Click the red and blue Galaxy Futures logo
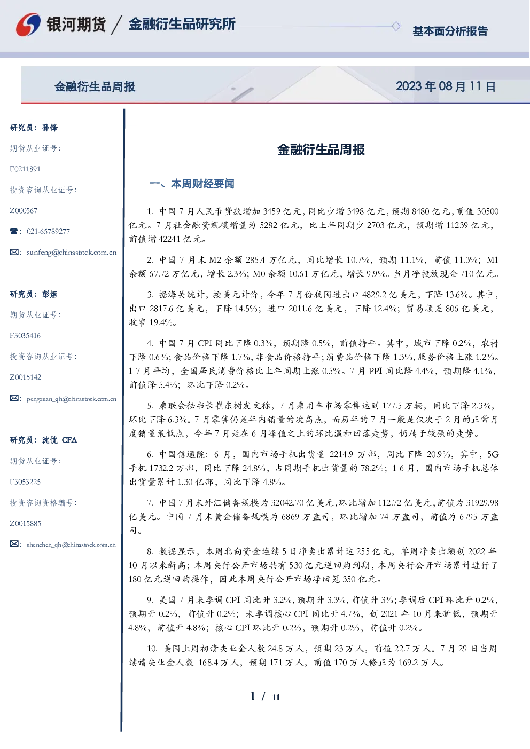(28, 24)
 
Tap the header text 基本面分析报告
(450, 31)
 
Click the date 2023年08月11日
(446, 86)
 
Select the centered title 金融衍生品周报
(321, 149)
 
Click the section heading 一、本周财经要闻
(192, 184)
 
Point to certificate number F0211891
(25, 169)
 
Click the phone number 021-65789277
(49, 231)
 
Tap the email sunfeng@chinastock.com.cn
(72, 253)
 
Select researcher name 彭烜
(50, 294)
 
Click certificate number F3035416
(25, 336)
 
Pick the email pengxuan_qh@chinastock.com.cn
(71, 399)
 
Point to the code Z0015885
(26, 524)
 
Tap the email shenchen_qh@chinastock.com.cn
(71, 545)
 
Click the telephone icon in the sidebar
(14, 231)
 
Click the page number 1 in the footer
(253, 697)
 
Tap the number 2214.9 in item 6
(341, 454)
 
